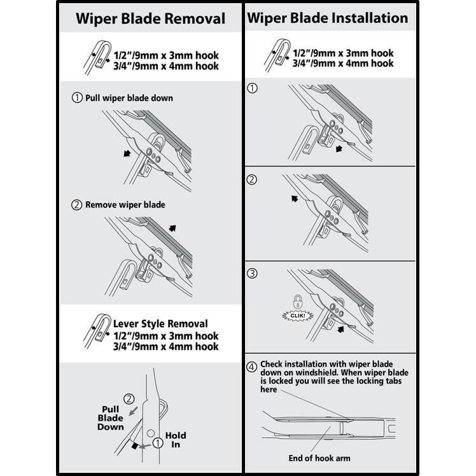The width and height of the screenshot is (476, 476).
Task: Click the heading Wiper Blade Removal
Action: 150,18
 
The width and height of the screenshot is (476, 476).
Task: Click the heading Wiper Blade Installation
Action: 327,18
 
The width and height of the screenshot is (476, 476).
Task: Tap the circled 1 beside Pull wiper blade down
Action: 77,98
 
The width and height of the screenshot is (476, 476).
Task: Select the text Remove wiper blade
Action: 125,204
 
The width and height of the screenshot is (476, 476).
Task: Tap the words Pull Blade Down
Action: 110,418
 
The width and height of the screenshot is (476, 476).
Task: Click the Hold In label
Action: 176,440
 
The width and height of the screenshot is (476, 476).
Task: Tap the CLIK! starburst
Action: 296,314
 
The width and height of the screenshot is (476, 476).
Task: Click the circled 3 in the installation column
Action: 252,274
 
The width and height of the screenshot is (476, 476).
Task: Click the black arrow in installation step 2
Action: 295,199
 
